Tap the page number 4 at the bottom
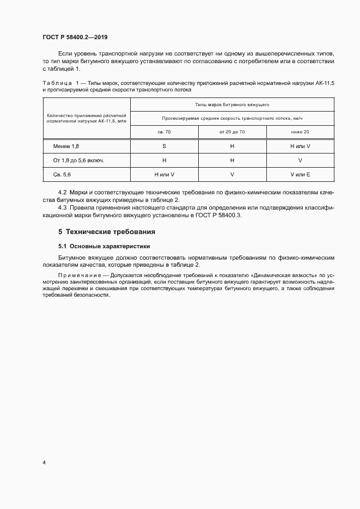click(44, 462)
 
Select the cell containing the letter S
click(164, 147)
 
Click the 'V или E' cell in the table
click(300, 174)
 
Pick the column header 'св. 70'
click(164, 132)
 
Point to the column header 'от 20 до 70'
click(232, 132)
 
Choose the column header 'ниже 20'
click(300, 132)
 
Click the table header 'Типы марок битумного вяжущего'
click(232, 104)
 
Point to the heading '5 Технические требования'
click(103, 231)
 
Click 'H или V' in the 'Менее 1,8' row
click(300, 147)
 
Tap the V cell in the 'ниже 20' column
click(300, 161)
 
